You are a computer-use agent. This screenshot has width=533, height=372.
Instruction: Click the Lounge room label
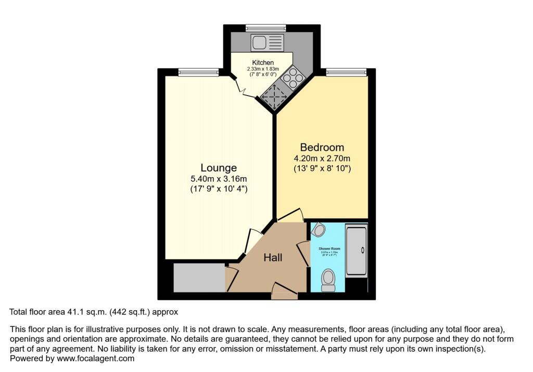[219, 168]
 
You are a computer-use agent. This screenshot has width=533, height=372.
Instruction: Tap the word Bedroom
[321, 147]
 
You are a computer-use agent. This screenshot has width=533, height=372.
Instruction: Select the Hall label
[273, 257]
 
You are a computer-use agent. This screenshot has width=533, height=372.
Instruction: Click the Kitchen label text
[263, 63]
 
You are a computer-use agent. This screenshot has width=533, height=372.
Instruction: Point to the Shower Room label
[329, 249]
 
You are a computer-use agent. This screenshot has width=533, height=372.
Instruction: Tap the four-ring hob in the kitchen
[294, 78]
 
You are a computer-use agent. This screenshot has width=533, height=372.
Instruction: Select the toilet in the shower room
[328, 280]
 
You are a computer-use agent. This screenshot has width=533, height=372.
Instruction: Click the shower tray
[357, 250]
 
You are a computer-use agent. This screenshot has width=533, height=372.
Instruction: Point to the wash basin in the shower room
[319, 230]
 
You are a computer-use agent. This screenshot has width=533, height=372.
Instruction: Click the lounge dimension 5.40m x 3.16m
[219, 179]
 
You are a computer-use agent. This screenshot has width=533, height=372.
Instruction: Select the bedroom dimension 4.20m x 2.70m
[321, 158]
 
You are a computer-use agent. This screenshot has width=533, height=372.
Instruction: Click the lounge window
[198, 72]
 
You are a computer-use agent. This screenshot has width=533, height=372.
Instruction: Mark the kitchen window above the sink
[265, 28]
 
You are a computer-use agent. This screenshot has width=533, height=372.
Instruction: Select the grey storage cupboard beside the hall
[199, 277]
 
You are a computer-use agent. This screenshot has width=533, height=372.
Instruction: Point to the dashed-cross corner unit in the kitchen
[273, 97]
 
